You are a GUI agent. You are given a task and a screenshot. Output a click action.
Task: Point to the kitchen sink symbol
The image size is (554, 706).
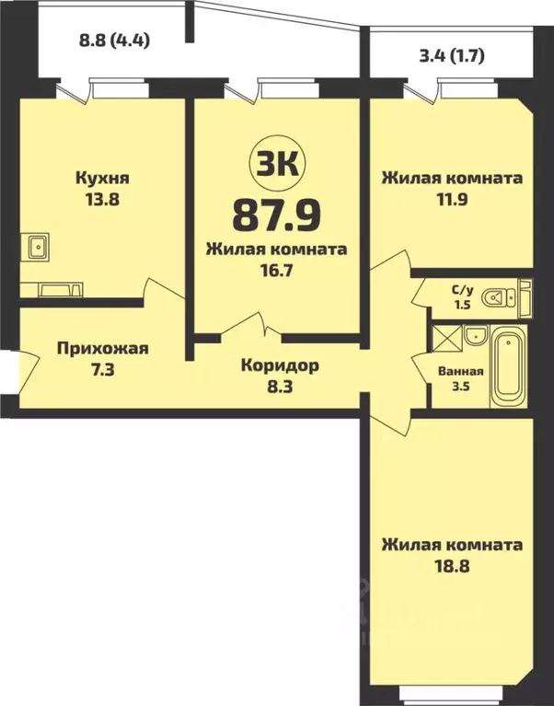pos(39,247)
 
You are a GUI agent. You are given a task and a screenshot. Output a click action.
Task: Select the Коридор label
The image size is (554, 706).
pos(280,365)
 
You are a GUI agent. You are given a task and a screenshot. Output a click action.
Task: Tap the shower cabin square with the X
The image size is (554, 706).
pos(447,337)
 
